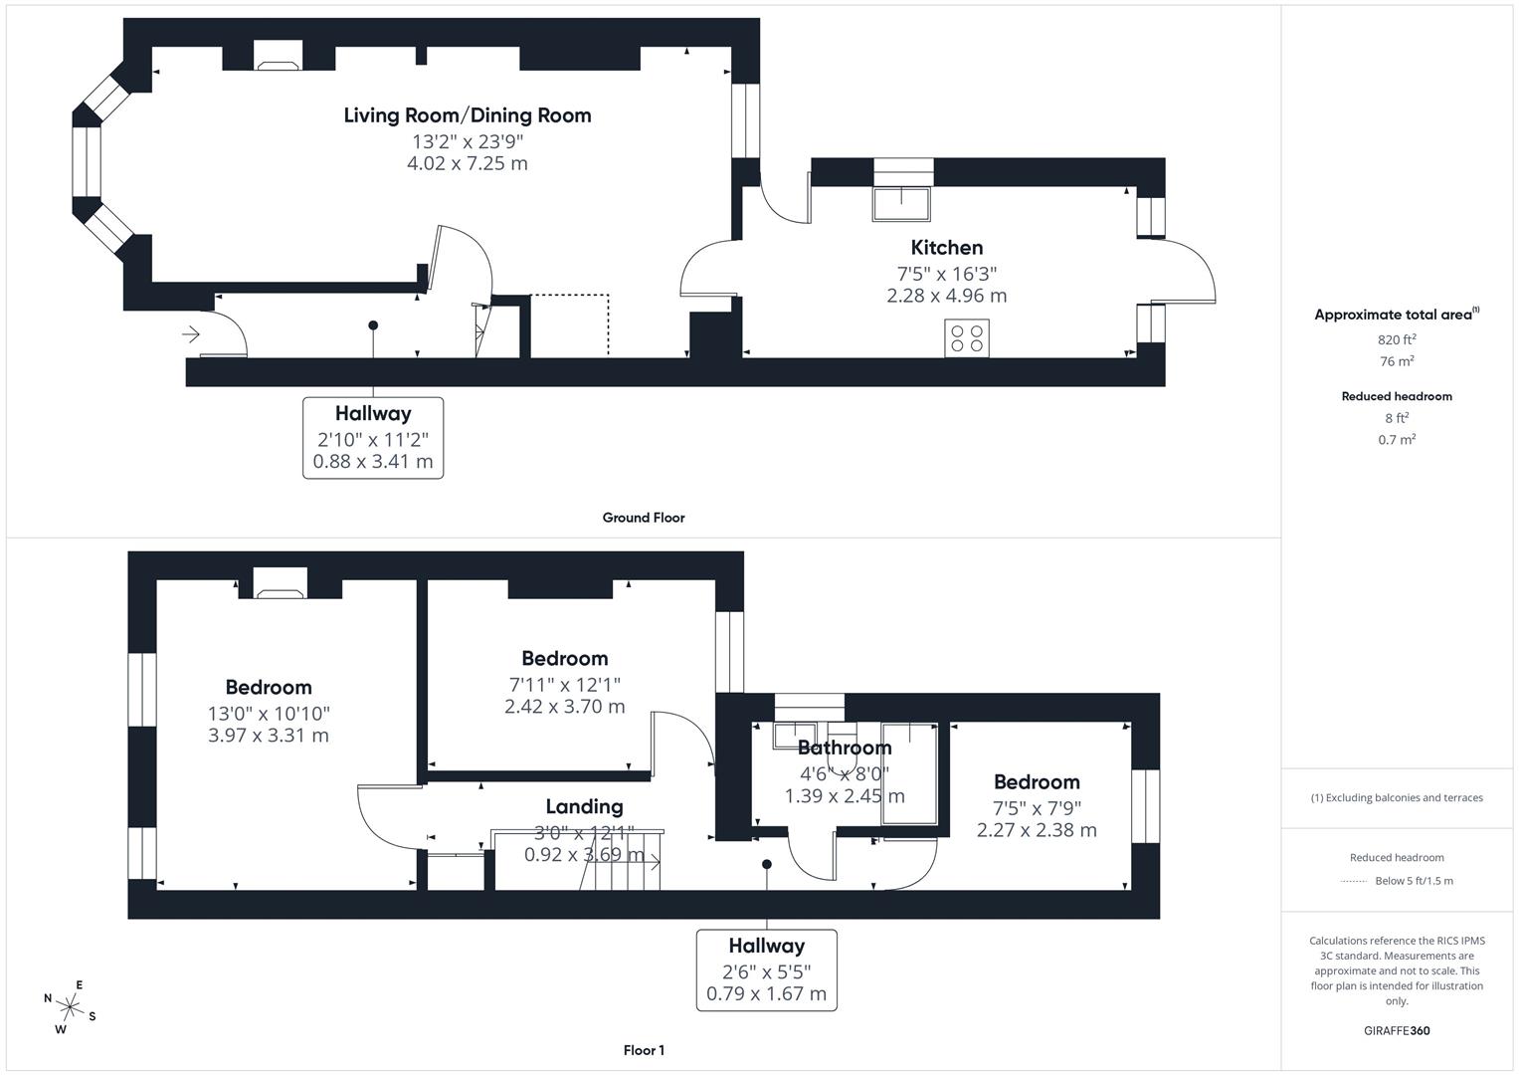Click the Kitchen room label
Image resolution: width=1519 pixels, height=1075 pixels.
946,248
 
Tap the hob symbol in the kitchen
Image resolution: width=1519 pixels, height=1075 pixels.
967,338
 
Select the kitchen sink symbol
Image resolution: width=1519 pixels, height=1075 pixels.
902,204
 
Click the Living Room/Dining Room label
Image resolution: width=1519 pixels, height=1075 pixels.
468,115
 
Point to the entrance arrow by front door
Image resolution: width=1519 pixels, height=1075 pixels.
191,334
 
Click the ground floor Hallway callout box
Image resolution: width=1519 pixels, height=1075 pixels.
373,437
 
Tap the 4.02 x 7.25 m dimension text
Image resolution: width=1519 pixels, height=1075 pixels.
468,163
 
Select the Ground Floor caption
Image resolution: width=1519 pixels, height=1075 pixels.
644,518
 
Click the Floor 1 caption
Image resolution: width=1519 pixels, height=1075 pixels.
644,1050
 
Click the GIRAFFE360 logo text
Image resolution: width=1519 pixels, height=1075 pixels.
1397,1031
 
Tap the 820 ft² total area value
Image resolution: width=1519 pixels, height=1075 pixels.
1397,339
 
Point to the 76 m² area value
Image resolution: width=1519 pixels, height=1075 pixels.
1397,361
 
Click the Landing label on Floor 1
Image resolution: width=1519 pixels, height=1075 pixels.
584,807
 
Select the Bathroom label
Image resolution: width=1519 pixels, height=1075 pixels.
845,748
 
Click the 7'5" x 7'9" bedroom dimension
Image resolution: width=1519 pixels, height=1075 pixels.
1037,808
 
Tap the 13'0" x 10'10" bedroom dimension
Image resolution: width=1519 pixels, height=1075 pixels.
269,714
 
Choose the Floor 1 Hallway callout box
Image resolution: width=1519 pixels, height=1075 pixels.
766,969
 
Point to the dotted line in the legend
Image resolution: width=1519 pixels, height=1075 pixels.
1354,881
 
